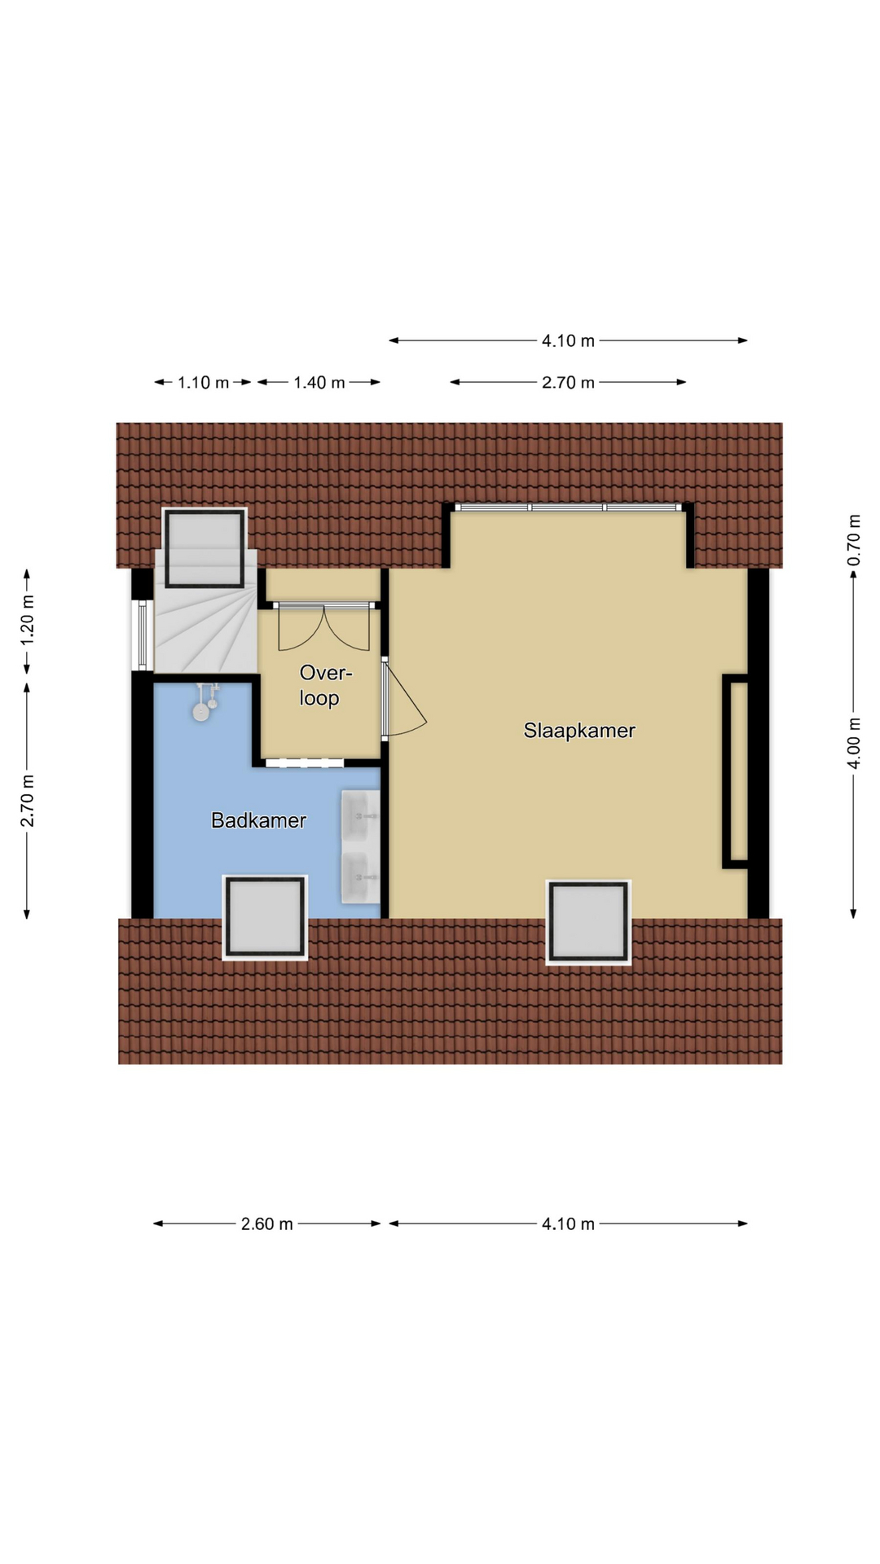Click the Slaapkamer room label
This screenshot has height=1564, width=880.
pos(579,731)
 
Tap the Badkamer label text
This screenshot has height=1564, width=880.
pos(258,820)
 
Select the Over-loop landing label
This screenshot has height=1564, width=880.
pos(323,685)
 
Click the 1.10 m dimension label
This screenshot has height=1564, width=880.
pos(204,383)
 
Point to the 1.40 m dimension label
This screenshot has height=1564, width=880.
pos(319,383)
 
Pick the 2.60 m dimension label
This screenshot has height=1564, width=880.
pos(266,1224)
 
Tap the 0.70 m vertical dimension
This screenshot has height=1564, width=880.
pos(853,540)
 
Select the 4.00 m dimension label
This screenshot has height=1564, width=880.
pos(853,743)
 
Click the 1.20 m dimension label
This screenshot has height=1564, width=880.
pos(28,620)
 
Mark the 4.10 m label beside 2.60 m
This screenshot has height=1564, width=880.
pos(568,1224)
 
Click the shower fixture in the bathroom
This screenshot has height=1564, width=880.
pos(205,702)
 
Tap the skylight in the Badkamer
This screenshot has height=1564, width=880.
pos(265,917)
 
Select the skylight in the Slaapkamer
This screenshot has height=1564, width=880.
pos(588,922)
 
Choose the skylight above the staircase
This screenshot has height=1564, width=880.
pos(205,547)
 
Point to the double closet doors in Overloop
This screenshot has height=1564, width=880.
pos(324,626)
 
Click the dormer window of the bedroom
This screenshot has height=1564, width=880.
pos(568,507)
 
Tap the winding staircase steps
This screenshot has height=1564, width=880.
pos(206,619)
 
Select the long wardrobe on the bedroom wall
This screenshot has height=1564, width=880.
pos(736,771)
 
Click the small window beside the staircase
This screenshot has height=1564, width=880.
pos(143,636)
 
